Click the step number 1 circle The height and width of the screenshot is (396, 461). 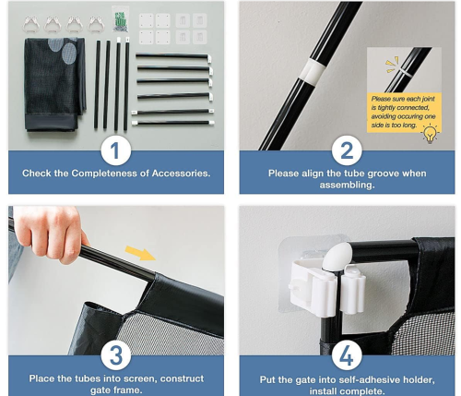tap(116, 150)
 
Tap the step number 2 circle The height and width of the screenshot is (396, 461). tap(347, 150)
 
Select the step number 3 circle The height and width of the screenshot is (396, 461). tap(116, 355)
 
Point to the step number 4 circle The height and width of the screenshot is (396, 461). tap(347, 356)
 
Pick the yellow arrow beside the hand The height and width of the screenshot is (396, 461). tap(140, 253)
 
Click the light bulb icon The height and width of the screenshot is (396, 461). tap(430, 134)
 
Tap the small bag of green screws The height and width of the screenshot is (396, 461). tap(120, 20)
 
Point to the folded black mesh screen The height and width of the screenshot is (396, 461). tap(54, 85)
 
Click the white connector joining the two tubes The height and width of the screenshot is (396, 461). tap(313, 72)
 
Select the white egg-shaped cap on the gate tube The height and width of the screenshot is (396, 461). tap(337, 256)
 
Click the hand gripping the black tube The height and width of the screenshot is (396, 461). tap(48, 233)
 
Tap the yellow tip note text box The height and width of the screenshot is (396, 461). tap(404, 112)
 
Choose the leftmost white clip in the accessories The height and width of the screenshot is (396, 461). tap(31, 24)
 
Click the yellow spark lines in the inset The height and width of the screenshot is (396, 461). tap(392, 65)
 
